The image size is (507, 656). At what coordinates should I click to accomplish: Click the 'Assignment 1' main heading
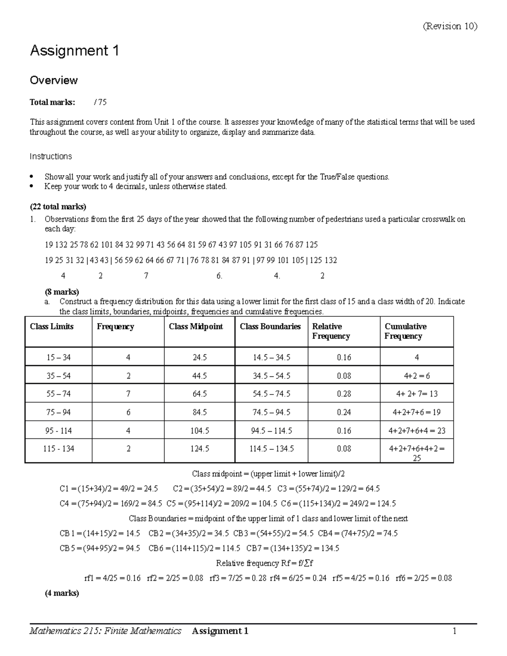[74, 51]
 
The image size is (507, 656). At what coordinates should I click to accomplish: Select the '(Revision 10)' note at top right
[450, 26]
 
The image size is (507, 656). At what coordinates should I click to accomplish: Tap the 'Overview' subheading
[54, 80]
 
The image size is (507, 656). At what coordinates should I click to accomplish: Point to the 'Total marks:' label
[52, 102]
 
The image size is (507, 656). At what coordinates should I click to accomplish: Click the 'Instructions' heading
[51, 156]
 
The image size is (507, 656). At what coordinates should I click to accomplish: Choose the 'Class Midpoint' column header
[196, 327]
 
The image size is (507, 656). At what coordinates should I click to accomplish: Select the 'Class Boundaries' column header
[270, 327]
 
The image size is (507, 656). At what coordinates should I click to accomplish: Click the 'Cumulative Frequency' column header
[405, 331]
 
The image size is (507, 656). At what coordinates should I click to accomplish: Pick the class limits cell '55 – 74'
[58, 394]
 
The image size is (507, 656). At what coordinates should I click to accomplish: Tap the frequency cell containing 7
[128, 394]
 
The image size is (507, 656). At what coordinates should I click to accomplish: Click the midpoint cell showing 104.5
[199, 431]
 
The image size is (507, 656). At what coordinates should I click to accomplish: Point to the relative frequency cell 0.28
[344, 394]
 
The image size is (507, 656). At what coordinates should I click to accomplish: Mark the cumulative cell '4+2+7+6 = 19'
[417, 412]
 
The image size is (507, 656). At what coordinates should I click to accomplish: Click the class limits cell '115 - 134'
[58, 449]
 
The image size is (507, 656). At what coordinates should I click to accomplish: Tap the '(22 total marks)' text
[58, 207]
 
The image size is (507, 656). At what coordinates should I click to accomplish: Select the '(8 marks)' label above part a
[62, 291]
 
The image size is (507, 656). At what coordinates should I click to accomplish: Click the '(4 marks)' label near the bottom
[62, 593]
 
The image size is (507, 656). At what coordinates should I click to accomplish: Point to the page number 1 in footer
[455, 631]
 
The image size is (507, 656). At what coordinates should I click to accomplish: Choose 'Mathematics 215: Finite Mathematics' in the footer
[106, 631]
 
